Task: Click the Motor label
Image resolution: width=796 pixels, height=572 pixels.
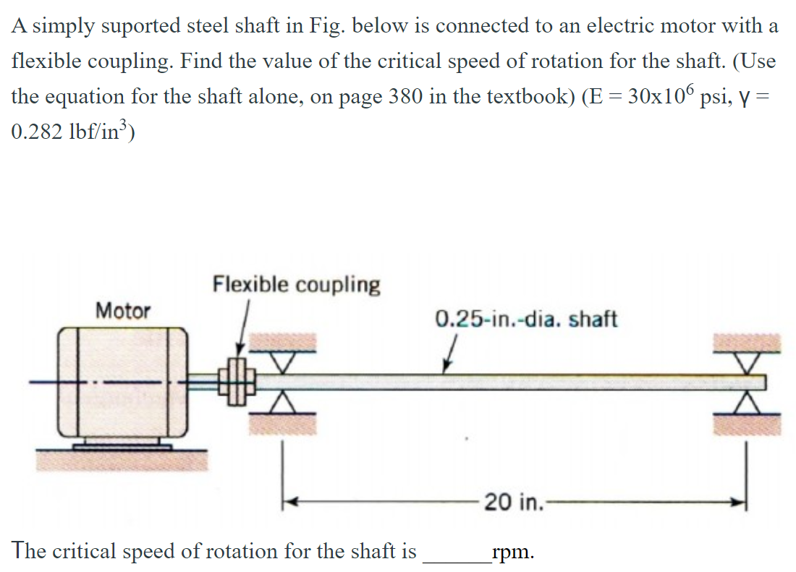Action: click(123, 311)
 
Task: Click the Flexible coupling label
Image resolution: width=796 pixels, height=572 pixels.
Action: click(296, 284)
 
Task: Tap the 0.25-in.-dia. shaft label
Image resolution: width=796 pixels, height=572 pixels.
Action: click(526, 319)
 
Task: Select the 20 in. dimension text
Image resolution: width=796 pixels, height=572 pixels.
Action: click(513, 501)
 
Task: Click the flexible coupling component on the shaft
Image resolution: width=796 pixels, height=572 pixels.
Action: click(237, 380)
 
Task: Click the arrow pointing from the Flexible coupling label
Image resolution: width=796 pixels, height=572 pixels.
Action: click(244, 329)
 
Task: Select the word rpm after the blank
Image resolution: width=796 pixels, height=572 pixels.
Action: click(512, 552)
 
